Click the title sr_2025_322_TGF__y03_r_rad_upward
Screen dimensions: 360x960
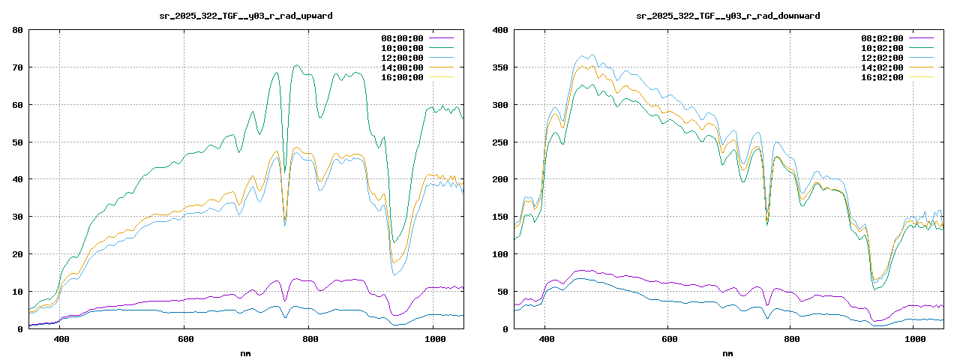point(247,15)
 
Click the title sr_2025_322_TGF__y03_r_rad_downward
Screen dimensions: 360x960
point(728,15)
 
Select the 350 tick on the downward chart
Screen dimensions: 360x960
point(499,67)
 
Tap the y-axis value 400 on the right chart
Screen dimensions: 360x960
point(499,30)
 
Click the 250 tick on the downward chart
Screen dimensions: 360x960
point(499,142)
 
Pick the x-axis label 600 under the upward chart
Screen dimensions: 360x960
point(184,340)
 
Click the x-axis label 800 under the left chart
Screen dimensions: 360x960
point(309,340)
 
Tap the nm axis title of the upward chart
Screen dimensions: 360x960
point(246,353)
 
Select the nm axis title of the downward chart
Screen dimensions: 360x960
point(727,353)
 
